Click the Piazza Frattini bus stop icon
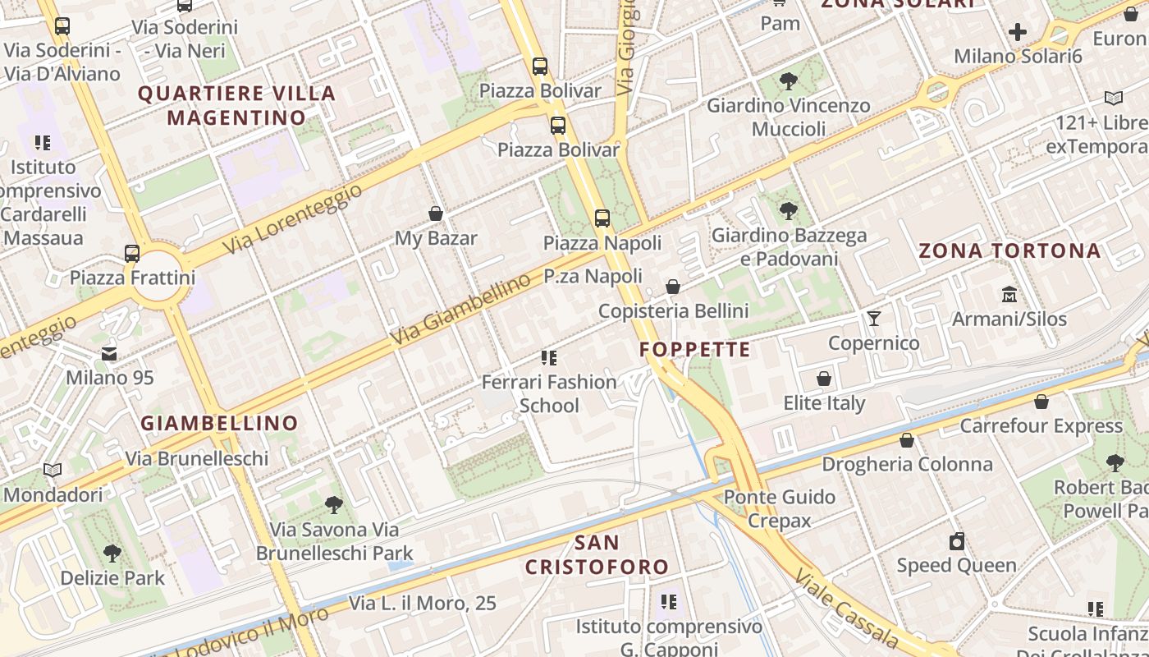pos(132,253)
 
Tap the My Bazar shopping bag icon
pos(436,214)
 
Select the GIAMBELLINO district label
pos(219,423)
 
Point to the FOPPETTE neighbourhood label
pos(695,349)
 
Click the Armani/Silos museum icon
pos(1009,294)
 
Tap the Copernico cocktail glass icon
pos(874,318)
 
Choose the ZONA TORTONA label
pos(1009,250)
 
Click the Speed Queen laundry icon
pos(956,541)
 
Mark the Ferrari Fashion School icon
pos(549,357)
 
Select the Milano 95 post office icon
pos(109,354)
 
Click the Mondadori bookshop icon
pos(53,471)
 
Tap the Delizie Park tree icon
pos(112,554)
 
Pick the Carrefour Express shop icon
pos(1041,402)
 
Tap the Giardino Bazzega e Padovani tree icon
pos(789,211)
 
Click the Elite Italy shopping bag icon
pos(824,379)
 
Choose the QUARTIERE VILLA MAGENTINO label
pos(236,105)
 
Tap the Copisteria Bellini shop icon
pos(673,287)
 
